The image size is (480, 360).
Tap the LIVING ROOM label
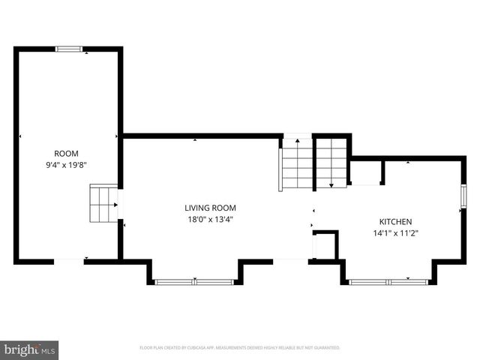[211, 208]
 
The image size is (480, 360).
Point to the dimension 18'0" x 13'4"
[211, 220]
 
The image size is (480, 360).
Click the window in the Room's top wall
[70, 49]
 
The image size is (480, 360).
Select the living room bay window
[195, 282]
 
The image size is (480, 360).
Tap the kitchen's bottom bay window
[388, 282]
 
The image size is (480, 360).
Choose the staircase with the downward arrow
[331, 162]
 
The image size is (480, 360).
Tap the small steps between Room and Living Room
[103, 203]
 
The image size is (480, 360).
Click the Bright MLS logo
[30, 349]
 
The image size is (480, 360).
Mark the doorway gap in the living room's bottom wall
[291, 261]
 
